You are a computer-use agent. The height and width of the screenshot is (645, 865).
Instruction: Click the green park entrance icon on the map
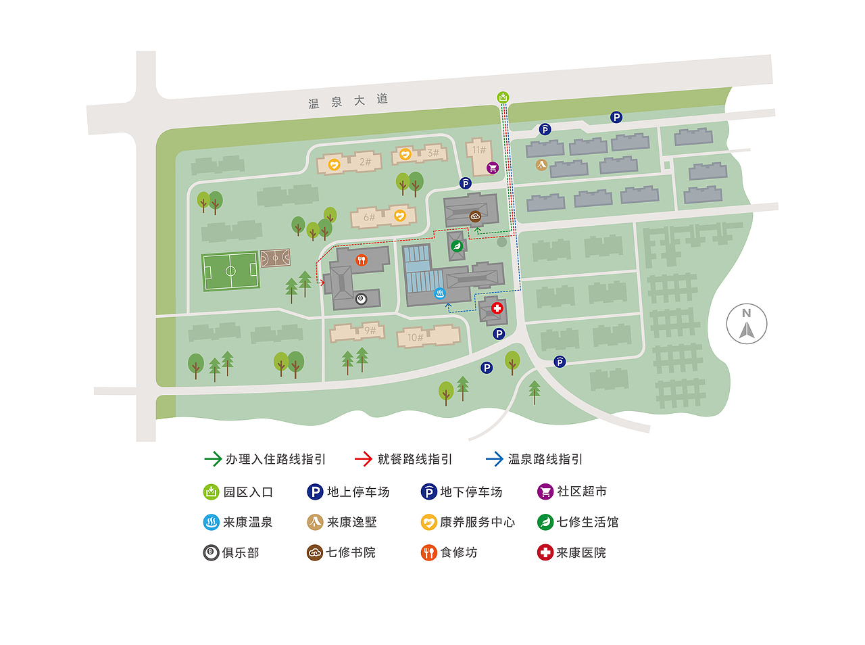[x=503, y=97]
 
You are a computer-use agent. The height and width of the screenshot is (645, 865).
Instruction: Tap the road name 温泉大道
[x=348, y=101]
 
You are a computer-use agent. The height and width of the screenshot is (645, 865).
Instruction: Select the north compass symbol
[x=747, y=324]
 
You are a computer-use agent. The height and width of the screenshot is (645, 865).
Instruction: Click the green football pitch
[x=230, y=271]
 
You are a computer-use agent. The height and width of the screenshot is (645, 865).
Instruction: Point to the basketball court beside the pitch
[x=275, y=258]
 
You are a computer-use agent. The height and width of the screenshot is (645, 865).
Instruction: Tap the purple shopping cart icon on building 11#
[x=493, y=168]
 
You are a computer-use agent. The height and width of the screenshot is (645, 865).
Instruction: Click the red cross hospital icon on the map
[x=497, y=308]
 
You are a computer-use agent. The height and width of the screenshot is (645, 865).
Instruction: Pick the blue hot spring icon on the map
[x=440, y=293]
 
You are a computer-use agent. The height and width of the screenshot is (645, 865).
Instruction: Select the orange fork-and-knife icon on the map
[x=362, y=260]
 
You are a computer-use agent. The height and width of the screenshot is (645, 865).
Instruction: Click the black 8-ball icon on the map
[x=361, y=299]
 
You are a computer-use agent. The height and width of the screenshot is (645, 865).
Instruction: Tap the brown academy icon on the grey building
[x=475, y=216]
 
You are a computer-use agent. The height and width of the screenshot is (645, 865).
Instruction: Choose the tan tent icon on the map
[x=541, y=164]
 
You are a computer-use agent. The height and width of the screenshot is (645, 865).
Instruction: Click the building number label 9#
[x=370, y=331]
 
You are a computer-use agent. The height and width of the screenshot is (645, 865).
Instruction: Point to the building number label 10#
[x=415, y=337]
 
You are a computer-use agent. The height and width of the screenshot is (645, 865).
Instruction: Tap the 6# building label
[x=369, y=217]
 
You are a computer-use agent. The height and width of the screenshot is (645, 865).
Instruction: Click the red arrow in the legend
[x=364, y=459]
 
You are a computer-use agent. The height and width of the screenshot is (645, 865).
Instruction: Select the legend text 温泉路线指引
[x=545, y=459]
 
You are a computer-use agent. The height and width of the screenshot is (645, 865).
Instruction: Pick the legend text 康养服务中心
[x=477, y=522]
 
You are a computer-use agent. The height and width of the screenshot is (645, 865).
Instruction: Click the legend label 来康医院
[x=580, y=552]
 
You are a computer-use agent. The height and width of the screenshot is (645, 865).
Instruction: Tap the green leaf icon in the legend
[x=545, y=522]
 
